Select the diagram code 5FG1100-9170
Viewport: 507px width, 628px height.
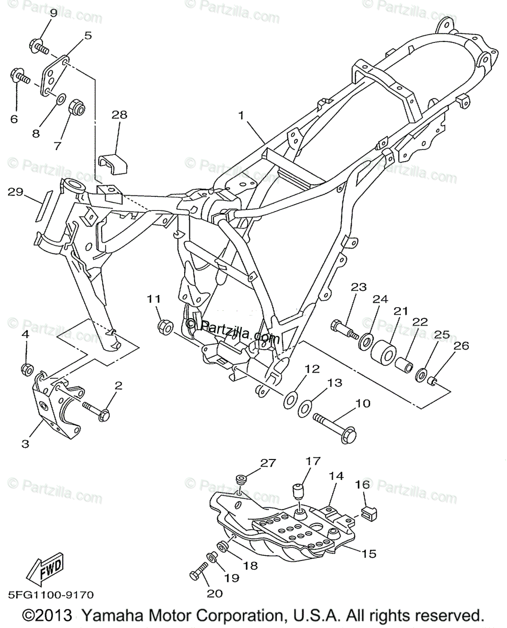(50, 595)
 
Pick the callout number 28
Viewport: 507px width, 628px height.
(119, 115)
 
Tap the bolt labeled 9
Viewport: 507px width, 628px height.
(39, 47)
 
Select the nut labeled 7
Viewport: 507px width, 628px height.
(77, 108)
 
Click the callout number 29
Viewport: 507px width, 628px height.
(16, 193)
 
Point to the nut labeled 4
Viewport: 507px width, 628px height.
(26, 368)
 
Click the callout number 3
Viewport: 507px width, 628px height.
(25, 444)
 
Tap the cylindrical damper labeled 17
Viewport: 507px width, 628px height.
(299, 492)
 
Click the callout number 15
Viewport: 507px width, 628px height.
(368, 553)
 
